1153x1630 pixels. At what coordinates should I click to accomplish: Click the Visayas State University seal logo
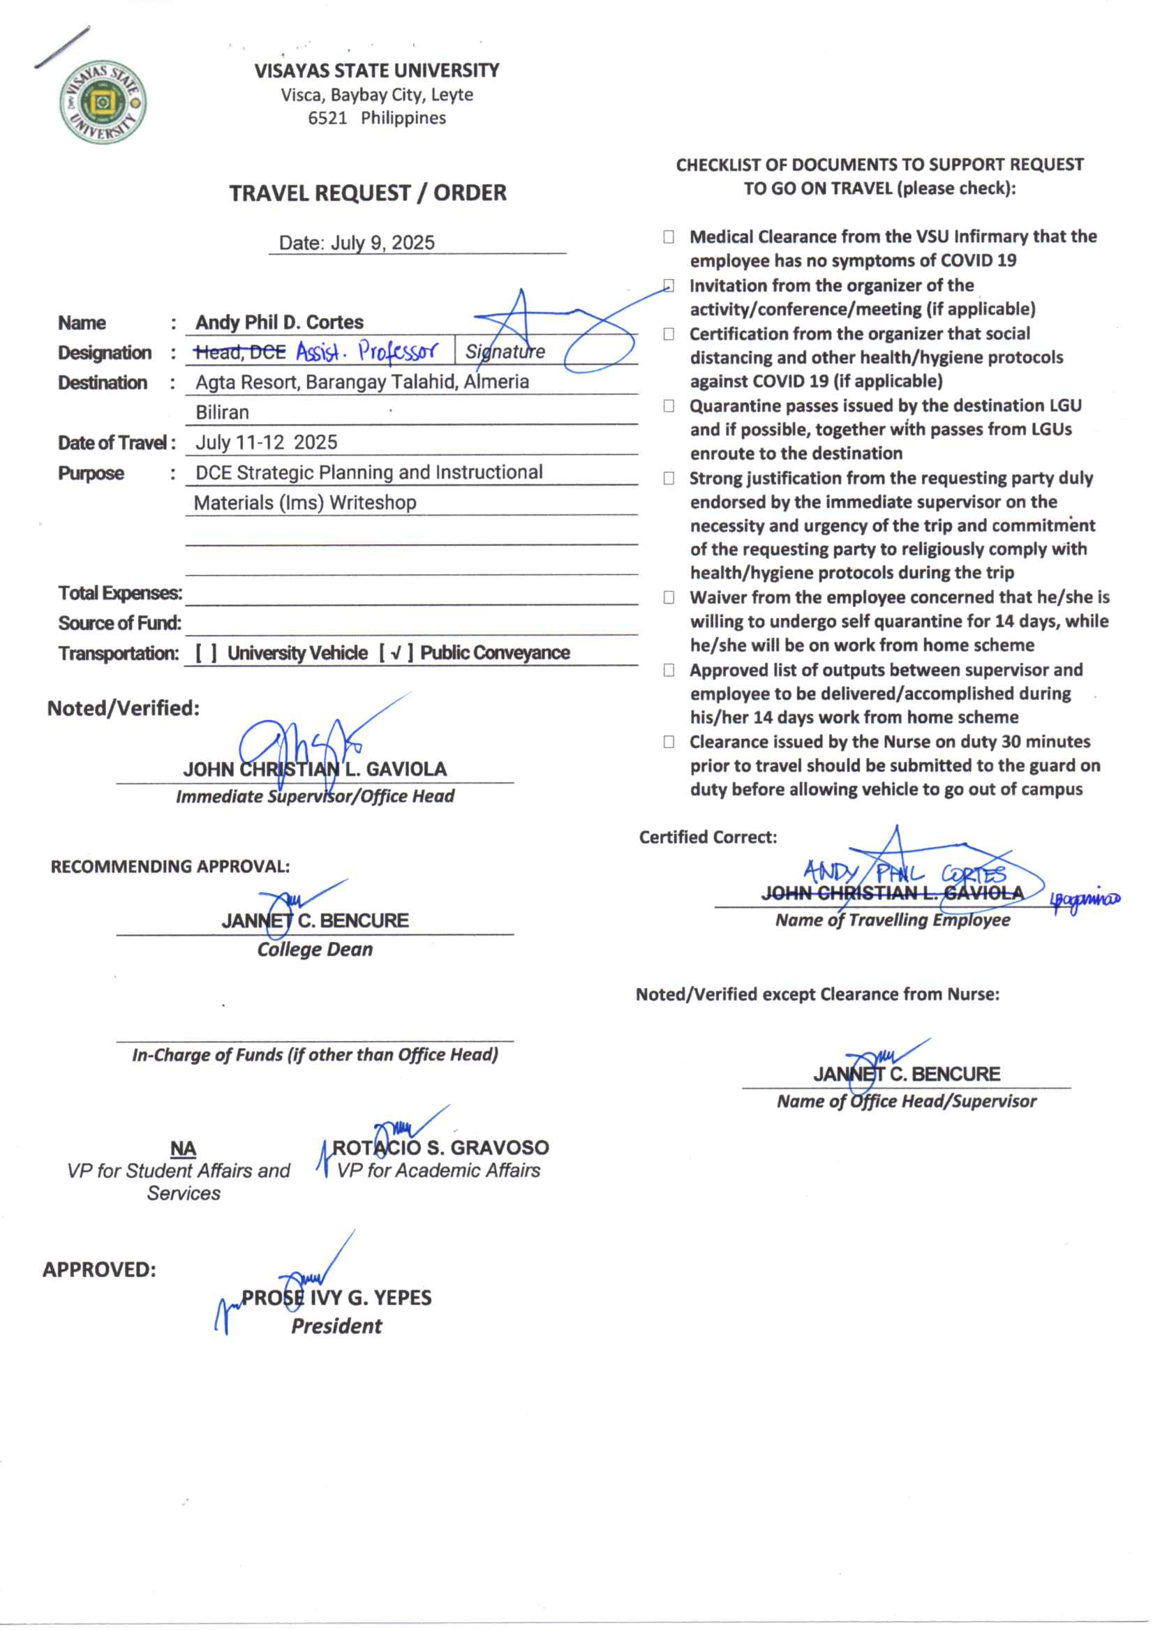[x=103, y=101]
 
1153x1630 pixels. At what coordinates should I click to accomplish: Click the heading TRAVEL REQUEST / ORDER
[x=368, y=193]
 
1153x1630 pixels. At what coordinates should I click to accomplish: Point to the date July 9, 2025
[x=382, y=243]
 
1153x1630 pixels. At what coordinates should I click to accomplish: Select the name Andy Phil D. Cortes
[x=280, y=322]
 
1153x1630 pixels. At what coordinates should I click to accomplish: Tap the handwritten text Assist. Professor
[x=366, y=352]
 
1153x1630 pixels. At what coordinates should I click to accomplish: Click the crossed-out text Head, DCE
[x=240, y=352]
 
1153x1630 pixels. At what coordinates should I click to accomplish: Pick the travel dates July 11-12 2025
[x=266, y=442]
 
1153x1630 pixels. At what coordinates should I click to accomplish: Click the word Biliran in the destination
[x=222, y=412]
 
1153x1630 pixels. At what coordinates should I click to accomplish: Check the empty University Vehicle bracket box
[x=207, y=653]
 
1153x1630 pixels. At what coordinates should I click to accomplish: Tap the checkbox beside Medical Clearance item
[x=669, y=237]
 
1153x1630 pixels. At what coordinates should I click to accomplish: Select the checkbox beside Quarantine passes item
[x=669, y=406]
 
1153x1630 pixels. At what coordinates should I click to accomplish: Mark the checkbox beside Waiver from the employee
[x=669, y=598]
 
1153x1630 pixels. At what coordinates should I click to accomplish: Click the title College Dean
[x=315, y=950]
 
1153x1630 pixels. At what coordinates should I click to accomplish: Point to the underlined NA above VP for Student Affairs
[x=183, y=1149]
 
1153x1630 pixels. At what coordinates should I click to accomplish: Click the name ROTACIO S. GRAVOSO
[x=440, y=1148]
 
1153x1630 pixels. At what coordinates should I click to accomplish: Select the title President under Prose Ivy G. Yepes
[x=336, y=1326]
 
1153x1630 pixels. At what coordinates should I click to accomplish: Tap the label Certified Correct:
[x=708, y=838]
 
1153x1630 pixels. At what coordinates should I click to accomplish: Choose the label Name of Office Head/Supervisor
[x=906, y=1102]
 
